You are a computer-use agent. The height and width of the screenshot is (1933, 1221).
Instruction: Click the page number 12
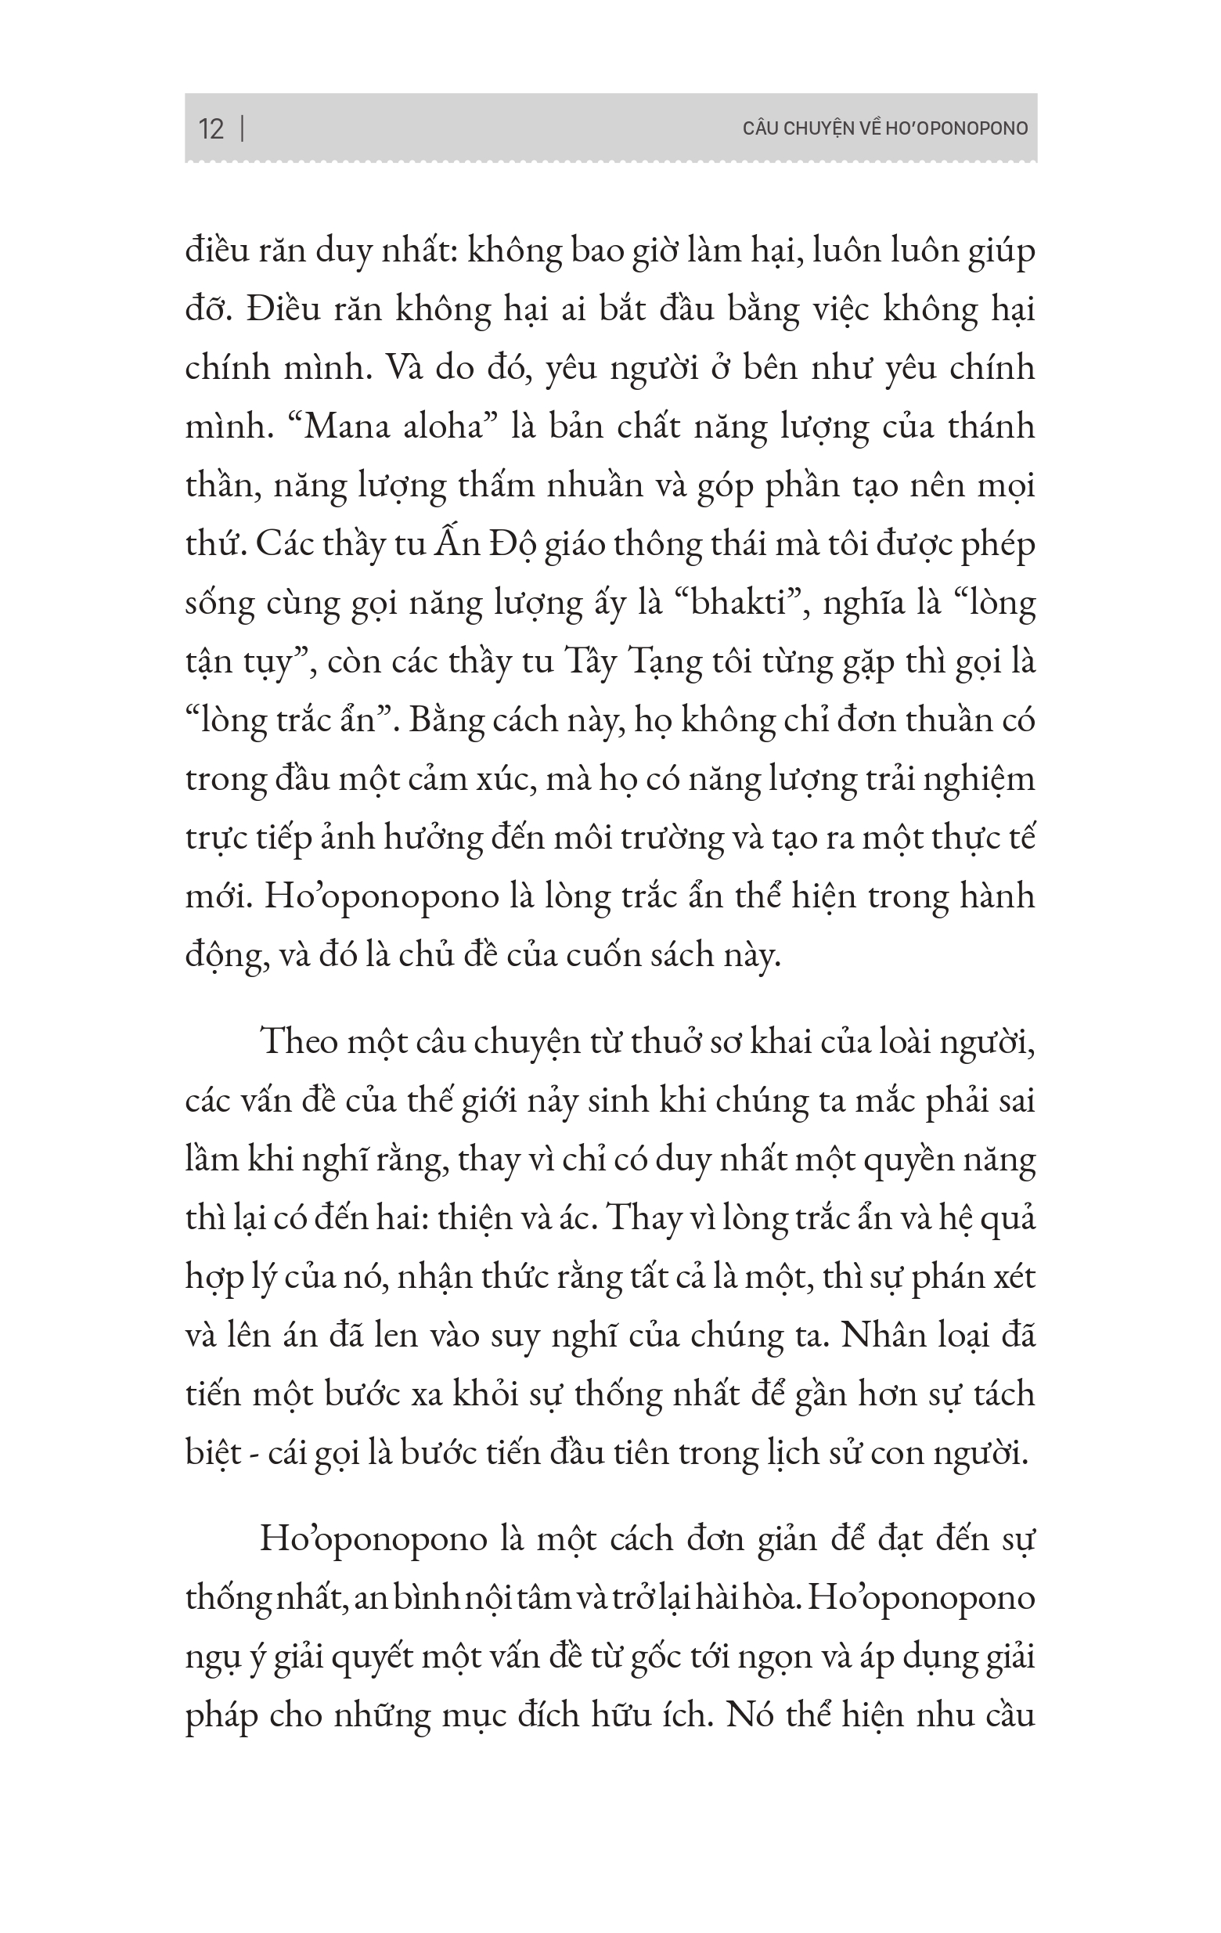tap(211, 129)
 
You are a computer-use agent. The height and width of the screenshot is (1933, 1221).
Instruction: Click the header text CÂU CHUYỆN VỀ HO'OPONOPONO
tap(885, 128)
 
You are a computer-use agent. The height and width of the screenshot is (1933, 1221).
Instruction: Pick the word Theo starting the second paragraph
tap(298, 1042)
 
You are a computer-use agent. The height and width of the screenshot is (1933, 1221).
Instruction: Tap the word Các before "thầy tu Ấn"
tap(284, 543)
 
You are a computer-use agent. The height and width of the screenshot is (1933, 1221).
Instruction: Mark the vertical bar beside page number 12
tap(243, 129)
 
